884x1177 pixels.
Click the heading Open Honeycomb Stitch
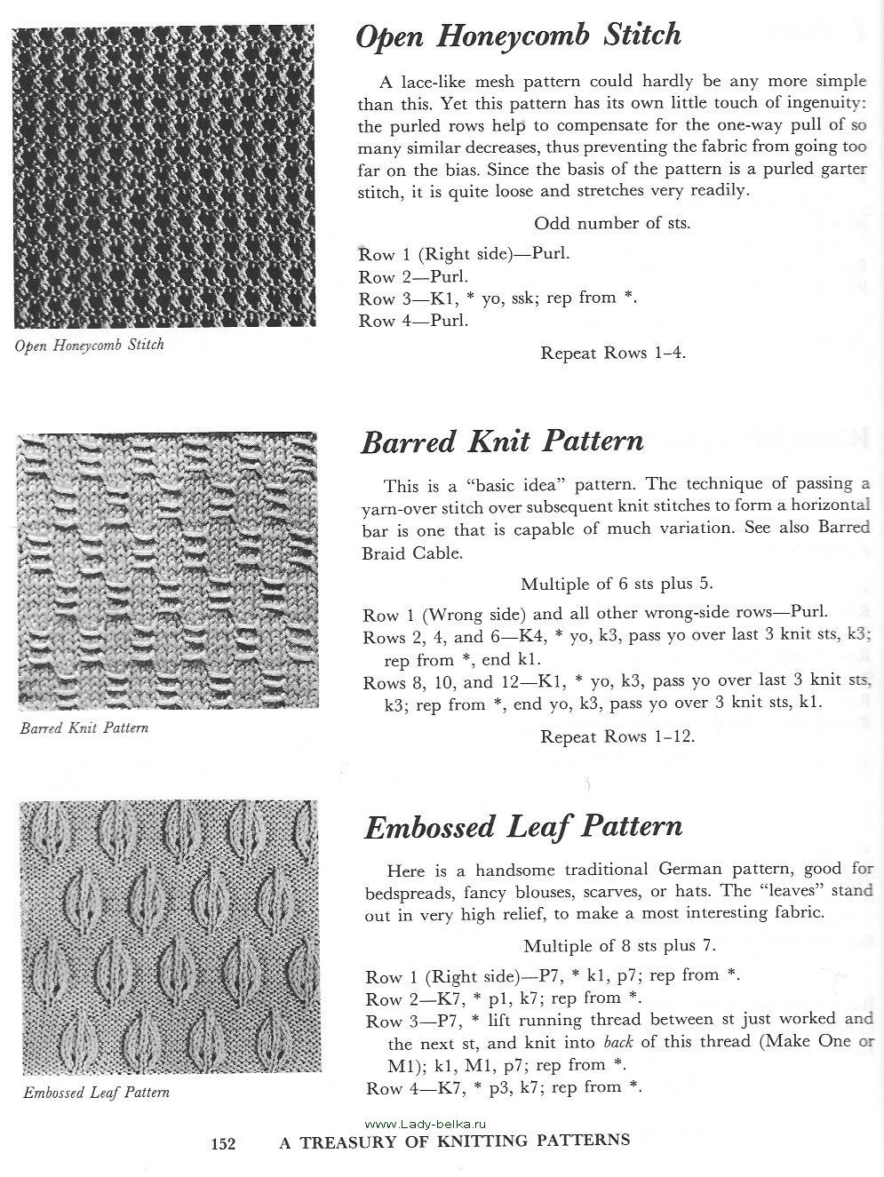coord(518,36)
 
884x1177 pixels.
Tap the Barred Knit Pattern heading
coord(502,441)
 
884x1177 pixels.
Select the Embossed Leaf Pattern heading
coord(523,827)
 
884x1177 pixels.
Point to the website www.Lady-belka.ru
coord(415,1123)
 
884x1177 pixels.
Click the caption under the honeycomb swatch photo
coord(90,345)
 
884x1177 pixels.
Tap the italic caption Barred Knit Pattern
coord(84,728)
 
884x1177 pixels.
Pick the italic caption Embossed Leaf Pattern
coord(97,1092)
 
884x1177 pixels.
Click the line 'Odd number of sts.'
coord(612,223)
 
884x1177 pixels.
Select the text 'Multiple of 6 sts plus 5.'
coord(617,584)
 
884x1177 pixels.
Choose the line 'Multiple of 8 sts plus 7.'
coord(619,946)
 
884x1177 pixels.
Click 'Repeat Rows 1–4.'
coord(613,353)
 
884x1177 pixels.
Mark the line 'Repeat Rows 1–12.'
coord(617,736)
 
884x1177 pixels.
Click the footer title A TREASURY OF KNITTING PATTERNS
coord(455,1141)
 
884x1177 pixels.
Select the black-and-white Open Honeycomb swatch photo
coord(164,177)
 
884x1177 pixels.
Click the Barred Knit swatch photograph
coord(167,570)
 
